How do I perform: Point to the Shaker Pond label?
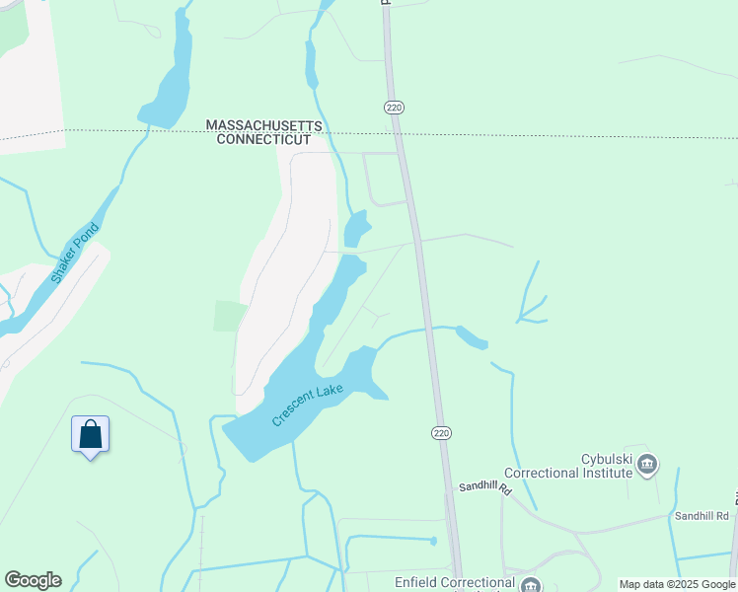tap(75, 254)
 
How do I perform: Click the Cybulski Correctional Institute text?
tap(567, 466)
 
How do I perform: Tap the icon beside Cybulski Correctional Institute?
tap(647, 463)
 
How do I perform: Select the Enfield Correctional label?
tap(455, 582)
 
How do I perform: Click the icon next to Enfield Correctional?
tap(531, 584)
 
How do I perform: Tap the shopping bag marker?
tap(90, 434)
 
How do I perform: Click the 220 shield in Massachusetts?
tap(393, 107)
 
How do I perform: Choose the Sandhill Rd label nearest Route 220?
tap(485, 488)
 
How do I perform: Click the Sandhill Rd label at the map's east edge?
tap(701, 516)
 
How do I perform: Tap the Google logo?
tap(33, 580)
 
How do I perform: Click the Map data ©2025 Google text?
tap(677, 584)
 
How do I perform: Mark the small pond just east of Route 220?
tap(472, 337)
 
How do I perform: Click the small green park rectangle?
tap(229, 316)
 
